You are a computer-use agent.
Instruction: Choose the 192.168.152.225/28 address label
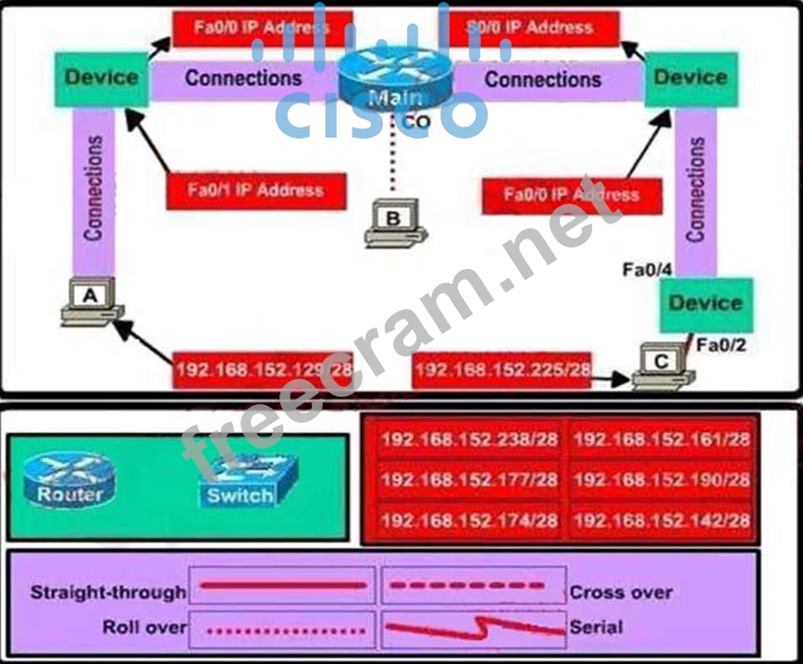click(x=503, y=370)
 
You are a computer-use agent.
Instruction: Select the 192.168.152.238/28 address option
click(x=469, y=439)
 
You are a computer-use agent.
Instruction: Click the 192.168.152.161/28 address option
click(x=661, y=439)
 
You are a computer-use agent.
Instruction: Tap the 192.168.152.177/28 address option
click(x=469, y=480)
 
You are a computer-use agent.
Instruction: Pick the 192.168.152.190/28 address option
click(x=661, y=480)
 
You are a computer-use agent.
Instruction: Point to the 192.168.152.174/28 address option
click(x=469, y=521)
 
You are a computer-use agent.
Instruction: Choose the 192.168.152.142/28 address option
click(x=661, y=521)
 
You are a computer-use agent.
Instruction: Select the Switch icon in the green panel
click(x=241, y=482)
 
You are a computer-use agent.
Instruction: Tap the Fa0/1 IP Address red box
click(x=256, y=191)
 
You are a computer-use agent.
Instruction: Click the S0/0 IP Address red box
click(x=531, y=28)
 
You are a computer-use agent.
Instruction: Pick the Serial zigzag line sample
click(x=474, y=629)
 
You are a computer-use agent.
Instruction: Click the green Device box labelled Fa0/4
click(x=705, y=303)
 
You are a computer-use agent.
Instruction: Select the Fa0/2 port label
click(x=720, y=346)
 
